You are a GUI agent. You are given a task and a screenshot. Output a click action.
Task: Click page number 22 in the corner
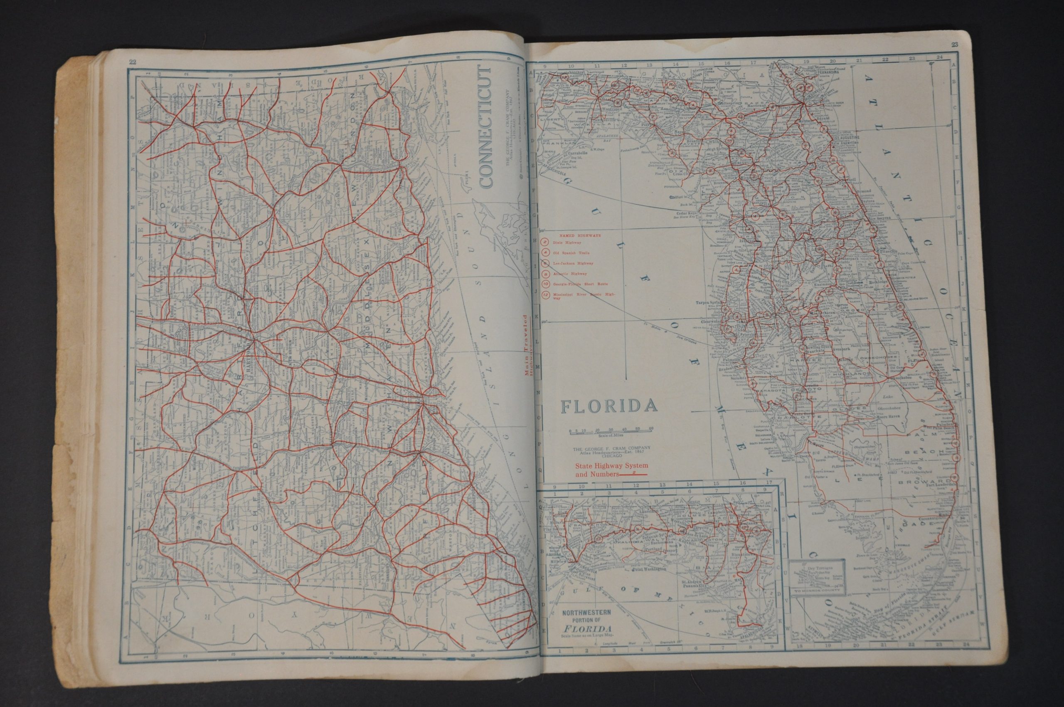click(133, 62)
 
